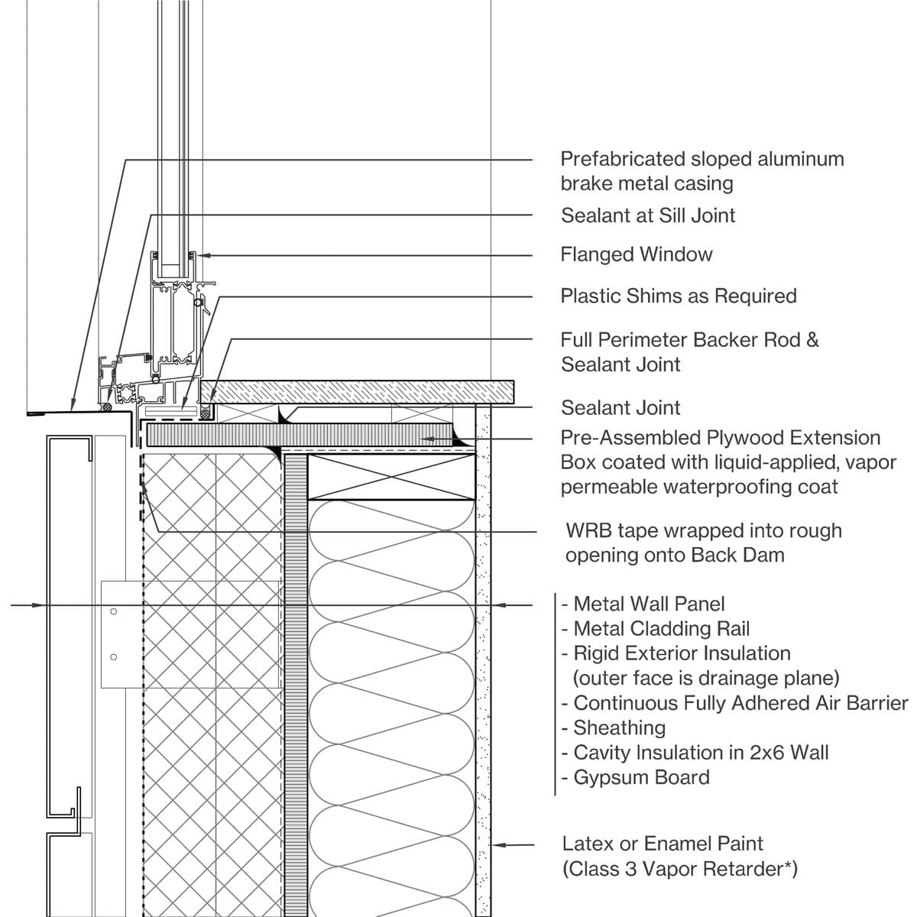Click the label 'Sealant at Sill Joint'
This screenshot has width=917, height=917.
pos(648,215)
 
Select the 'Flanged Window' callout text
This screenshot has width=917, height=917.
pos(637,254)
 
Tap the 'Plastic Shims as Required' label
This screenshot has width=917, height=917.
pos(679,296)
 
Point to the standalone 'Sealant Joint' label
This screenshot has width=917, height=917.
pos(621,407)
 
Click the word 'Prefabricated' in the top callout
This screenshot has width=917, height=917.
pos(622,159)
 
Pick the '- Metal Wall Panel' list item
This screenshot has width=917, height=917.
pos(643,604)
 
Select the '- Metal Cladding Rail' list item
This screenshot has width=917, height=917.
pos(655,629)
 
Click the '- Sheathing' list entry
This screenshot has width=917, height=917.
pos(613,727)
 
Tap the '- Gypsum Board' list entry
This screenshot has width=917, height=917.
pos(635,777)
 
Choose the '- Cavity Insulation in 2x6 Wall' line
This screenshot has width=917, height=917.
pos(695,753)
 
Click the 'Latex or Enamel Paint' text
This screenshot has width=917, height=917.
pos(663,844)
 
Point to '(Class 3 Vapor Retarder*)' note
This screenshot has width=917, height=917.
pos(679,869)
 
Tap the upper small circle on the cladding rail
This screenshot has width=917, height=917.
pos(113,612)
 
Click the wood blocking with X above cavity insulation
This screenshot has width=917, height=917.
pos(391,478)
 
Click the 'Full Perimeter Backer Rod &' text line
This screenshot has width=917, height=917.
pos(689,340)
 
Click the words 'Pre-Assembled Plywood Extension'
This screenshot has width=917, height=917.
pos(720,438)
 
